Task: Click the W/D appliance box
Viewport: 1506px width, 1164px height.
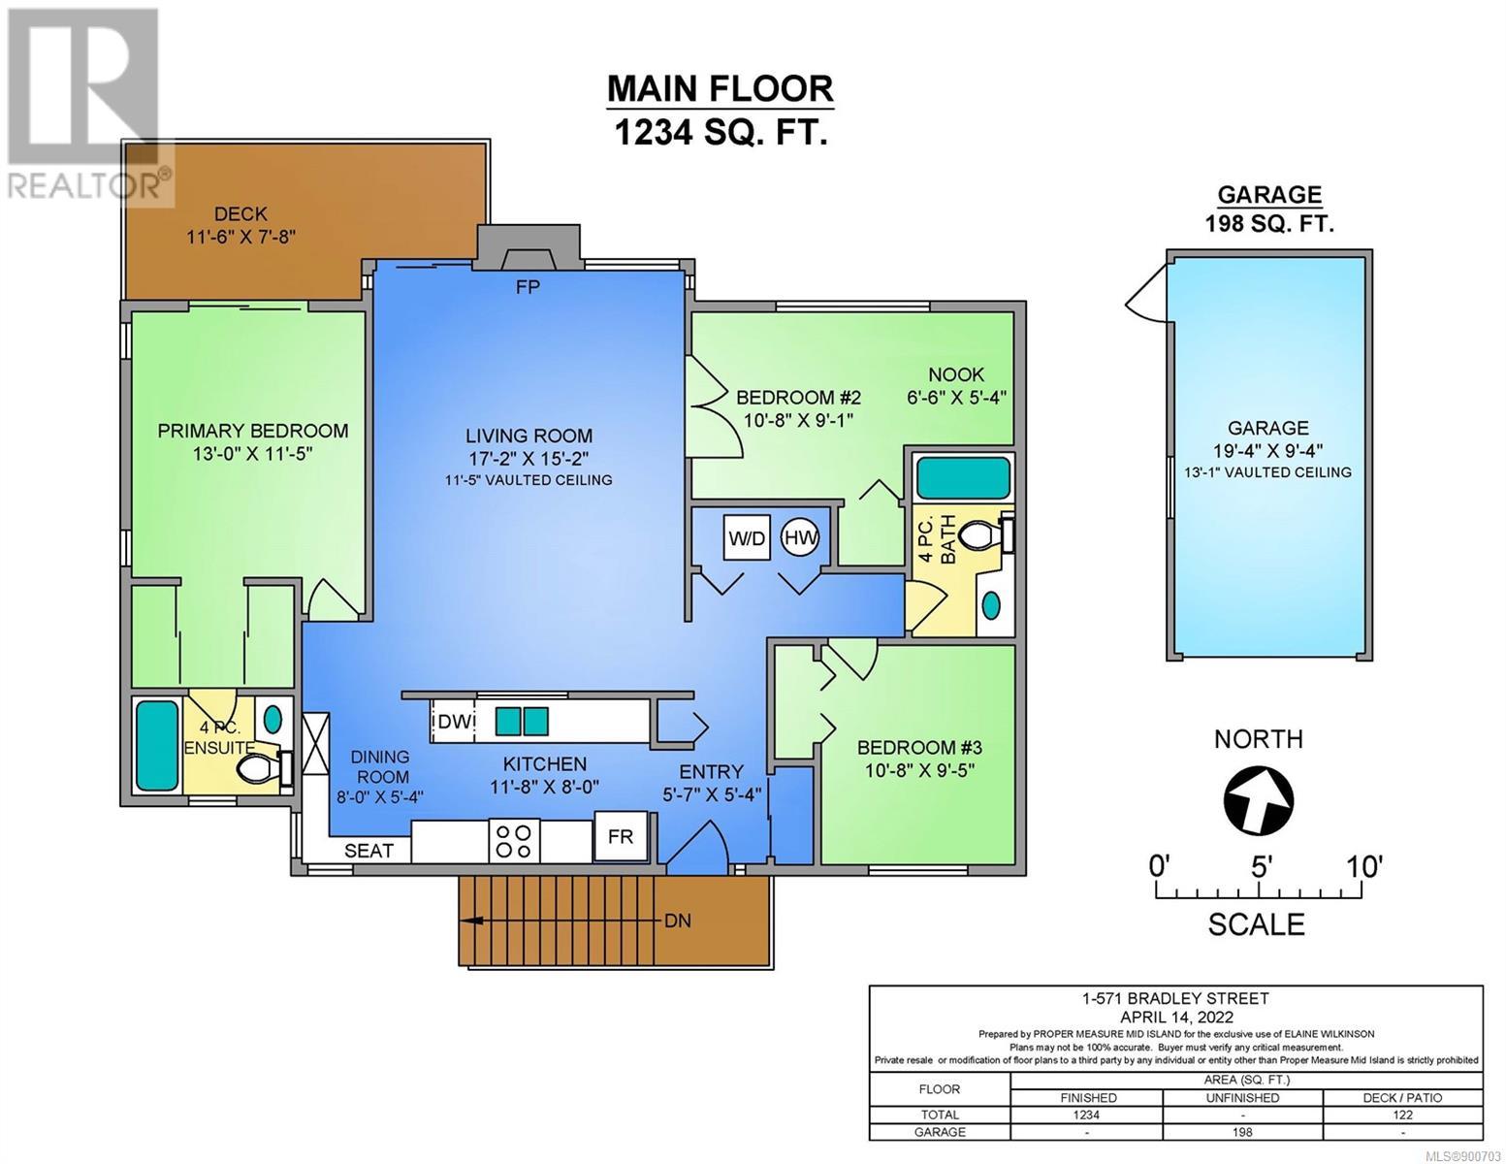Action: tap(747, 537)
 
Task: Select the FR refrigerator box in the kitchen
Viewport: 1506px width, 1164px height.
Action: tap(621, 837)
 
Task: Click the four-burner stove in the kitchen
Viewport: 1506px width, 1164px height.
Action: tap(514, 841)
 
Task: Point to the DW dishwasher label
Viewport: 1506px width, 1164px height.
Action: tap(455, 722)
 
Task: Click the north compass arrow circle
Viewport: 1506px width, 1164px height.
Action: tap(1259, 800)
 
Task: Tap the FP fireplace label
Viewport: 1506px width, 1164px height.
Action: tap(528, 286)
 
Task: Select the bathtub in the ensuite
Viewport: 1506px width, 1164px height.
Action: tap(157, 745)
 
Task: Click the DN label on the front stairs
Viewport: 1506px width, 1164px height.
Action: tap(677, 921)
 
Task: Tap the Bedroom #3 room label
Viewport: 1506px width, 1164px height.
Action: tap(919, 747)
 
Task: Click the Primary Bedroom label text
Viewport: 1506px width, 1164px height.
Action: tap(253, 431)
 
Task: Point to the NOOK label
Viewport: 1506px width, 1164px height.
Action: tap(956, 374)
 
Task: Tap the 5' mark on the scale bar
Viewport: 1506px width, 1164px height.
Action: tap(1260, 866)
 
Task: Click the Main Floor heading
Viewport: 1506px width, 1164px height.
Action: tap(721, 88)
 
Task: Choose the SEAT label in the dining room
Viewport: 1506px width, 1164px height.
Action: tap(368, 851)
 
